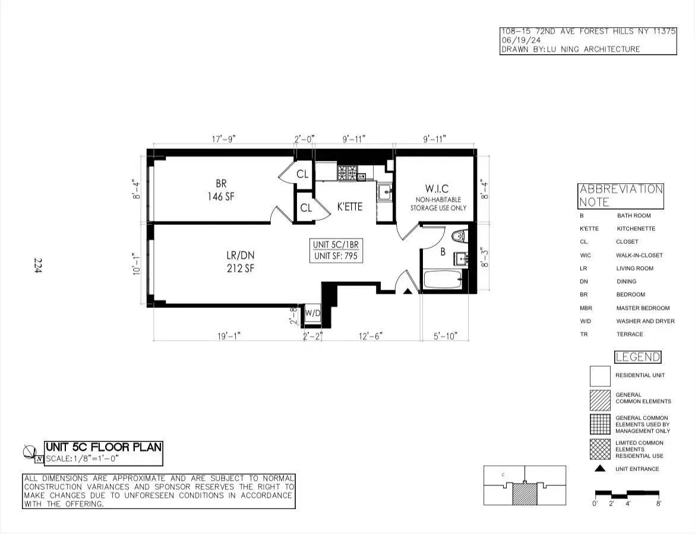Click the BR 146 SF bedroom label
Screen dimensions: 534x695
221,190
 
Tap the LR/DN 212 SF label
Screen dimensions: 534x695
240,262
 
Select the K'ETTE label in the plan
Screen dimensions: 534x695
349,207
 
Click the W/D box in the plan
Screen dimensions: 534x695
312,313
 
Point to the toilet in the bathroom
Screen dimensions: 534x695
459,236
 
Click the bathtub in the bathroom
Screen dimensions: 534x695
443,279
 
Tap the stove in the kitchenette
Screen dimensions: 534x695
347,173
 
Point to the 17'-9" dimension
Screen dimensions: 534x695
224,139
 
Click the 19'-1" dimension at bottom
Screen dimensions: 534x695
228,336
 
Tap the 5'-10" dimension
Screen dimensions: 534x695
445,336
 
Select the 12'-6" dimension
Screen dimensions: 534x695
371,336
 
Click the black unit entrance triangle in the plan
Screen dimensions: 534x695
408,291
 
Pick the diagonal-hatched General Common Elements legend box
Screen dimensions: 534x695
600,400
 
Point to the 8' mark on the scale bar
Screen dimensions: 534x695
659,503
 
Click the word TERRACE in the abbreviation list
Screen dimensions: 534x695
629,334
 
